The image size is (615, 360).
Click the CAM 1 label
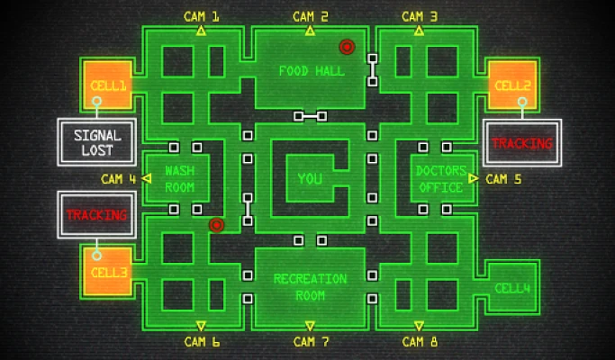coord(201,17)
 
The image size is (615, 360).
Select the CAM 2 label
coord(311,17)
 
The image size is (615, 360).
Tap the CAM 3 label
coord(420,17)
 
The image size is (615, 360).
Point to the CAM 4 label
coord(119,179)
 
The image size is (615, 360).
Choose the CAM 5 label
coord(503,179)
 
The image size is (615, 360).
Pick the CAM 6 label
coord(202,342)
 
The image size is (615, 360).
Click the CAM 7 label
coord(311,342)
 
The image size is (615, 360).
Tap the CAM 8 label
coord(420,342)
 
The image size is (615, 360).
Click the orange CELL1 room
coord(107,85)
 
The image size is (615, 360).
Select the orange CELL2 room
coord(512,85)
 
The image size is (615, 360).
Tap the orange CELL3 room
coord(107,271)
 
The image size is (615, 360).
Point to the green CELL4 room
coord(512,287)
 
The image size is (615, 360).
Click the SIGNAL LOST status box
coord(97,142)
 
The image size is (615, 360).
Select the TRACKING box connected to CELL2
coord(522,143)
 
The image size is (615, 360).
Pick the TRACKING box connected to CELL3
coord(97,215)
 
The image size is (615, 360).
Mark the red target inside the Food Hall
coord(347,47)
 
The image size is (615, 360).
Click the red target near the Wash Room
coord(216,225)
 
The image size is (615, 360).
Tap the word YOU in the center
coord(310,179)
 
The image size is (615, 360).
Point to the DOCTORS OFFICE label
coord(441,179)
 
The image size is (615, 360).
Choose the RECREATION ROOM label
coord(311,287)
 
